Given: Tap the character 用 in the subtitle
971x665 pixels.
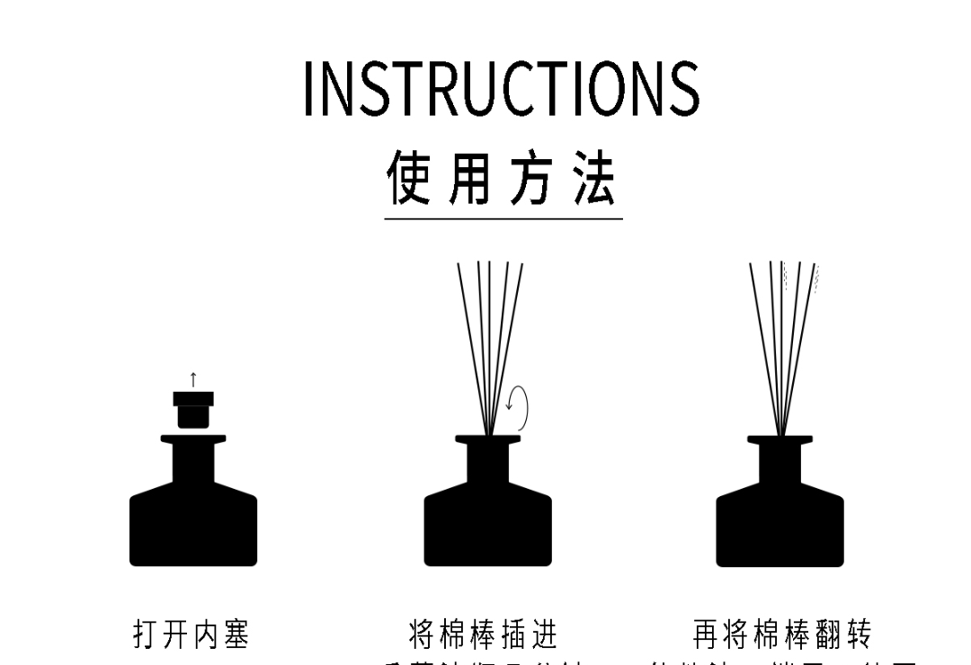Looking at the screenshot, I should [471, 178].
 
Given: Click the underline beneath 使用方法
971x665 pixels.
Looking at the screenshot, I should [503, 218].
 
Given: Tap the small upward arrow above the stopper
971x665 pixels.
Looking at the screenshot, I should [193, 379].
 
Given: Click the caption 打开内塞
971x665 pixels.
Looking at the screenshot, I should [192, 634].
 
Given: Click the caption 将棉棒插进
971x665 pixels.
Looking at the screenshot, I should [484, 634].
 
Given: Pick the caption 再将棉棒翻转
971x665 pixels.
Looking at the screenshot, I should [782, 634].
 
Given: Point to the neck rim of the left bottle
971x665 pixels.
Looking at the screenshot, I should [193, 439].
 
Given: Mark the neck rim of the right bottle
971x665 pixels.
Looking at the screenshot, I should [779, 439].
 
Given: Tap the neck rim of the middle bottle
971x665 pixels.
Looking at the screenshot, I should [487, 439].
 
